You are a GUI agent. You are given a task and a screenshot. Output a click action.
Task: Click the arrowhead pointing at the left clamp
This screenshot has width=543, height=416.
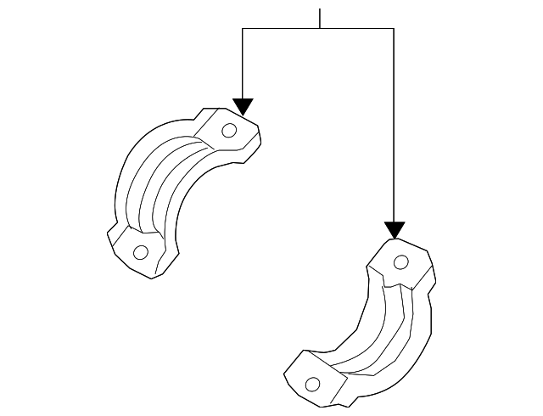pyautogui.click(x=243, y=106)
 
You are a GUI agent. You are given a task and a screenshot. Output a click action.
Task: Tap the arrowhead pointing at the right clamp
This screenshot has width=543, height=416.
pyautogui.click(x=394, y=229)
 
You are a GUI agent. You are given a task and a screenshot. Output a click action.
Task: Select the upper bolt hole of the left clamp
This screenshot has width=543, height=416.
pyautogui.click(x=228, y=130)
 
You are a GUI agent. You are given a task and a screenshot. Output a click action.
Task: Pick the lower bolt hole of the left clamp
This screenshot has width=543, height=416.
pyautogui.click(x=141, y=251)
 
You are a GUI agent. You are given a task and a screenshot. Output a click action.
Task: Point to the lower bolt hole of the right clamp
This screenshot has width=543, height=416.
pyautogui.click(x=312, y=385)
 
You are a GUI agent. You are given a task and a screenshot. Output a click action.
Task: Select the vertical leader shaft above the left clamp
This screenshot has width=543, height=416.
pyautogui.click(x=243, y=64)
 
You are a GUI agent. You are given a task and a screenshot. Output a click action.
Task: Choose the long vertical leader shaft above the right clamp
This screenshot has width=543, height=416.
pyautogui.click(x=394, y=127)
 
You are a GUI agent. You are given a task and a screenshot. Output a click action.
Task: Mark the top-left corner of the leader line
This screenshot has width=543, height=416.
pyautogui.click(x=243, y=29)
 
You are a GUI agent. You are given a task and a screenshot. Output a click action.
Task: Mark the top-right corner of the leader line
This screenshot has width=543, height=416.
pyautogui.click(x=394, y=29)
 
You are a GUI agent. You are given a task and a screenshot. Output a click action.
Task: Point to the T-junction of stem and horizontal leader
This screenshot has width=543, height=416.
pyautogui.click(x=320, y=29)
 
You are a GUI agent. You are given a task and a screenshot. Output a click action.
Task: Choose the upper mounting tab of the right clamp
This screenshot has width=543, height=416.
pyautogui.click(x=404, y=263)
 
